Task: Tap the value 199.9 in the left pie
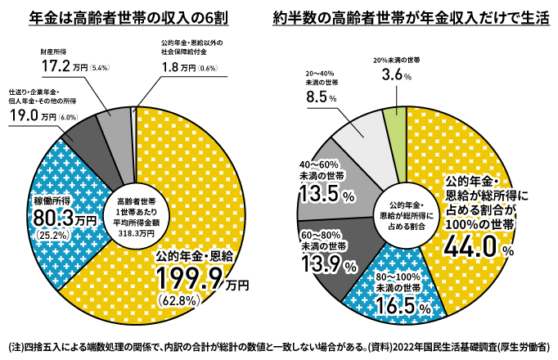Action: pyautogui.click(x=191, y=281)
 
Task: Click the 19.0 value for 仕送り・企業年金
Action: pyautogui.click(x=25, y=116)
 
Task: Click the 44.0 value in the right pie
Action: pyautogui.click(x=473, y=244)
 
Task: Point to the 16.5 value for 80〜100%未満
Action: pyautogui.click(x=397, y=308)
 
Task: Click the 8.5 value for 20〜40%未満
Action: pyautogui.click(x=316, y=97)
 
